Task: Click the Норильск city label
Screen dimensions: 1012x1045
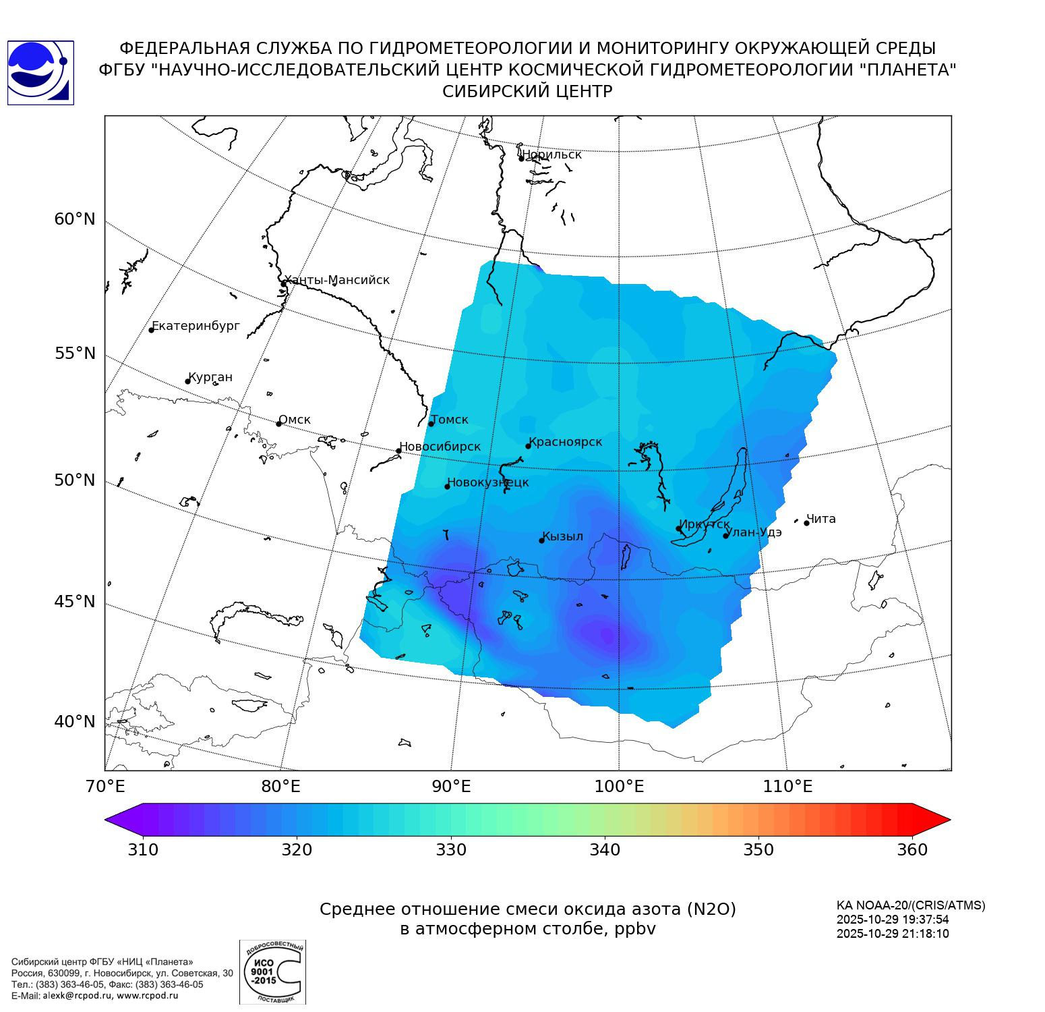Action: tap(551, 154)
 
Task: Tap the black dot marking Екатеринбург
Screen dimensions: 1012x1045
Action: tap(152, 330)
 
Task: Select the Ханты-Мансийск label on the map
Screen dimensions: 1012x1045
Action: tap(336, 280)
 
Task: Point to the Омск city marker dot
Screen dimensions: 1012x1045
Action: tap(278, 424)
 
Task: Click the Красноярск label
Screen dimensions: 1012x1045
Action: tap(565, 442)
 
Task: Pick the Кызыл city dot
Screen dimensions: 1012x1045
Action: tap(541, 540)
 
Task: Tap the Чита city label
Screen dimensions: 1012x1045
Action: tap(821, 519)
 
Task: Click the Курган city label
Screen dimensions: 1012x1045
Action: tap(210, 377)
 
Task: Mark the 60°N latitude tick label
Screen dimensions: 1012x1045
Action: tap(75, 219)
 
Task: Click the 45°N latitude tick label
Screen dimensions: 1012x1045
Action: tap(75, 601)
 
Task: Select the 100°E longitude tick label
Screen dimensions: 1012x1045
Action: tap(619, 787)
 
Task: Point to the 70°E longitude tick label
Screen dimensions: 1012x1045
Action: tap(104, 787)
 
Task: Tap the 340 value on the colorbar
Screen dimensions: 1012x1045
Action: tap(605, 850)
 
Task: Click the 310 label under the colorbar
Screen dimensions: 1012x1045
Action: tap(143, 850)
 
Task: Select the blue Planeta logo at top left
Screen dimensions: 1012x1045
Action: tap(40, 73)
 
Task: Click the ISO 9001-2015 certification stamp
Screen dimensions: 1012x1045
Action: tap(272, 972)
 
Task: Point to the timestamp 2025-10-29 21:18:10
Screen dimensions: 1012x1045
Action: tap(893, 934)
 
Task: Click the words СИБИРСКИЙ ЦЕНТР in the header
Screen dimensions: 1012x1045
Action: tap(527, 92)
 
